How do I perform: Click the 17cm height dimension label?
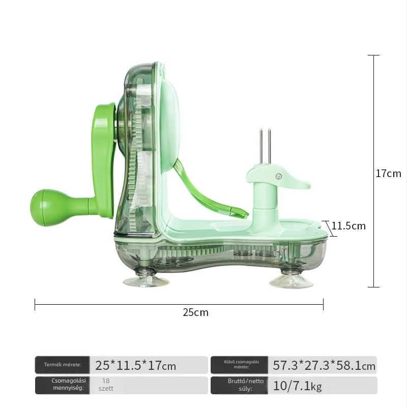388,173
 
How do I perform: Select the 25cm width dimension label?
195,312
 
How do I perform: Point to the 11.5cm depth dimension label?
348,226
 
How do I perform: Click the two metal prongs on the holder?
265,146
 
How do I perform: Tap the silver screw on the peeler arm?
279,176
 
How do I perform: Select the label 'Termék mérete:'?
63,364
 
